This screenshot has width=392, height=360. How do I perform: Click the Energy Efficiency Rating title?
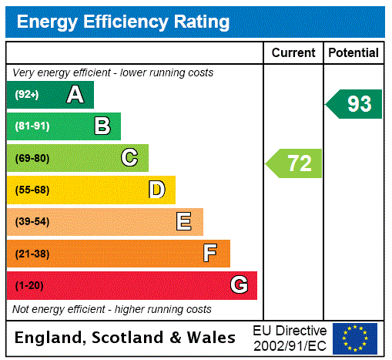pyautogui.click(x=123, y=22)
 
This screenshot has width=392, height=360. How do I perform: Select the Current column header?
pyautogui.click(x=293, y=52)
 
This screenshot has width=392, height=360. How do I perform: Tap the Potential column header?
pyautogui.click(x=353, y=52)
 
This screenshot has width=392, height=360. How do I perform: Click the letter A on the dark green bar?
pyautogui.click(x=75, y=95)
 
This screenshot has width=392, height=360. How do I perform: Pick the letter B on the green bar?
pyautogui.click(x=102, y=126)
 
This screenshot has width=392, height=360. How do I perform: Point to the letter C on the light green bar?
pyautogui.click(x=129, y=158)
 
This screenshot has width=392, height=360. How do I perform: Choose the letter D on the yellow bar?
pyautogui.click(x=156, y=190)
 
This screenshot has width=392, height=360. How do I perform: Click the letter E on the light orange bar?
pyautogui.click(x=183, y=222)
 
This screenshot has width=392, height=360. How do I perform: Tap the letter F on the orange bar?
pyautogui.click(x=209, y=253)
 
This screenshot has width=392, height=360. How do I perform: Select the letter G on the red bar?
pyautogui.click(x=239, y=285)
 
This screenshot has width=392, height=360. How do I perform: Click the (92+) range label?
pyautogui.click(x=28, y=95)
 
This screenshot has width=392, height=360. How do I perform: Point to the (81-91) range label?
pyautogui.click(x=32, y=126)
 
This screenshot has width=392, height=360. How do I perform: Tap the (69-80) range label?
pyautogui.click(x=32, y=158)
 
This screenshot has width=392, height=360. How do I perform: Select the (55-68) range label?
pyautogui.click(x=32, y=190)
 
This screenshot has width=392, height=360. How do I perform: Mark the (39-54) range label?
pyautogui.click(x=32, y=222)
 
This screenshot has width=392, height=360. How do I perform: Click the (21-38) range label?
pyautogui.click(x=32, y=254)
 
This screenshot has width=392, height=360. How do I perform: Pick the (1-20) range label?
pyautogui.click(x=29, y=285)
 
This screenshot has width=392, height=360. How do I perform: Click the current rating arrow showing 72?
pyautogui.click(x=295, y=163)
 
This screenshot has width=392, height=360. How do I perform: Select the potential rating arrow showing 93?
pyautogui.click(x=354, y=104)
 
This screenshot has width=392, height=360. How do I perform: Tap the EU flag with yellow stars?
pyautogui.click(x=355, y=338)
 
